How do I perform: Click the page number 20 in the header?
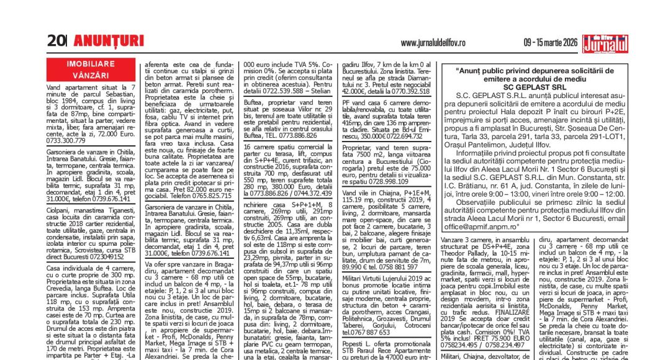point(56,42)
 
